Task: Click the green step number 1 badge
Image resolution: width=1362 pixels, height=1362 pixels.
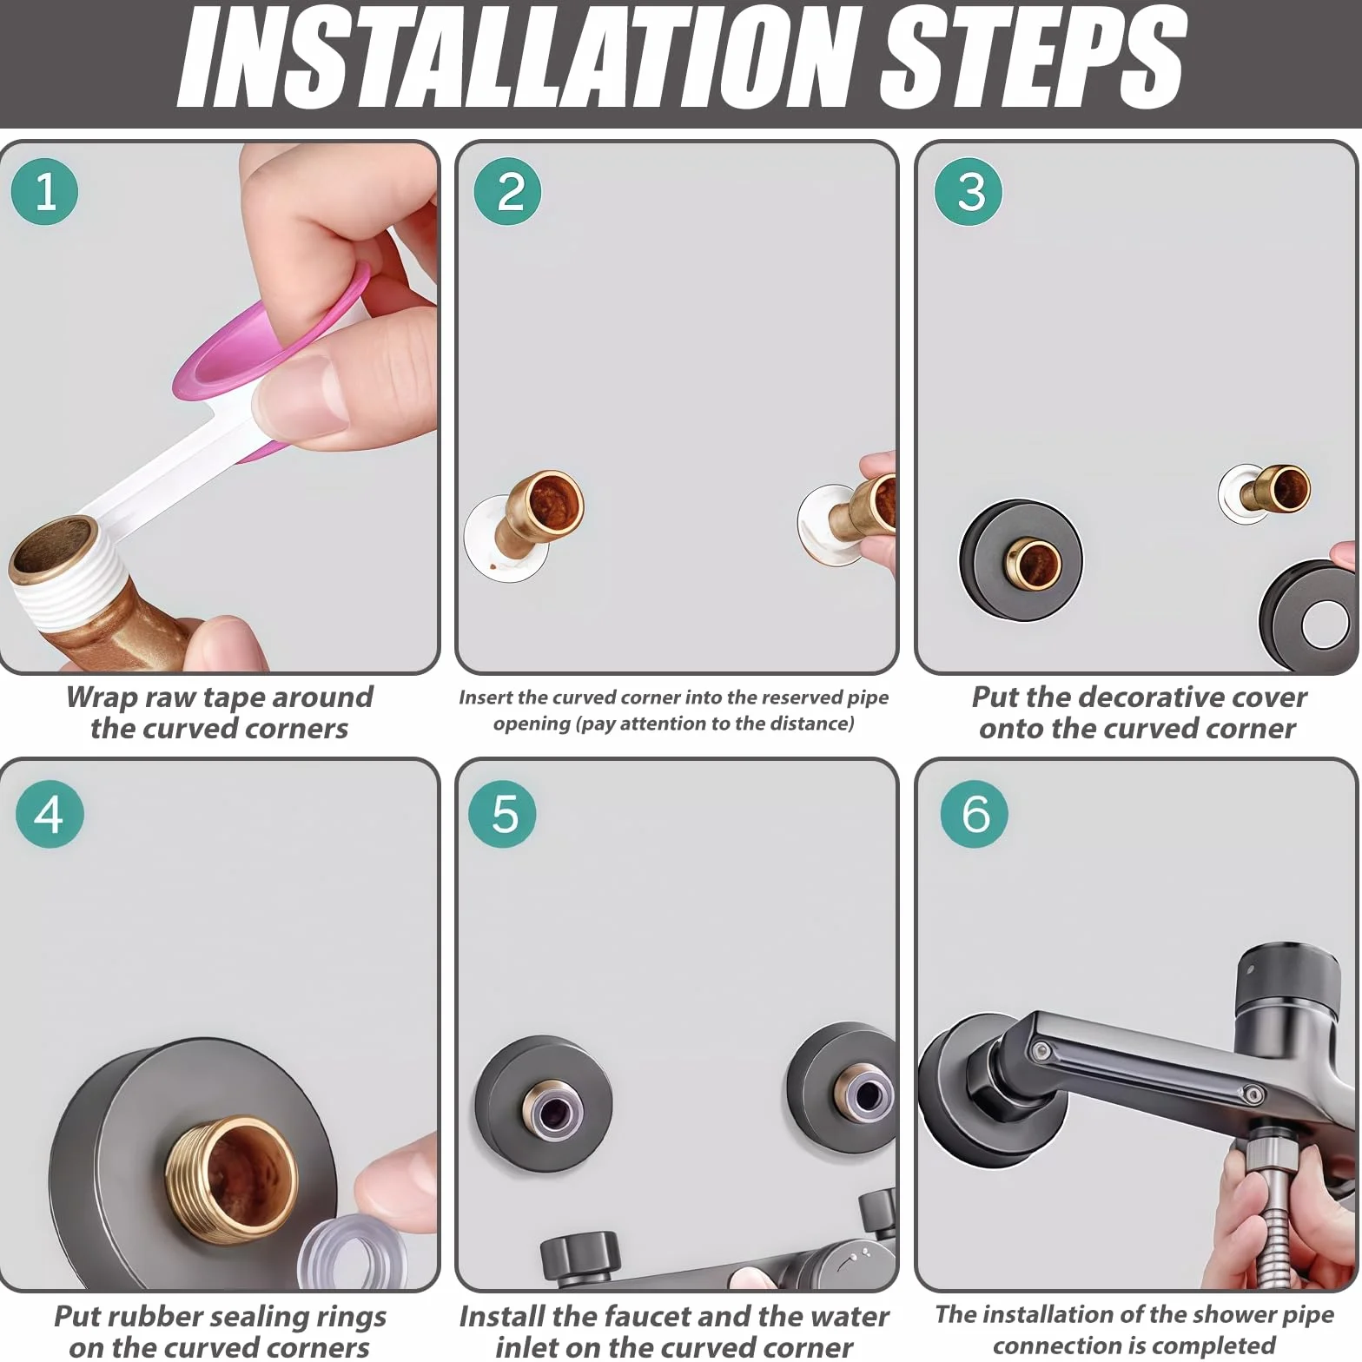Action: (44, 192)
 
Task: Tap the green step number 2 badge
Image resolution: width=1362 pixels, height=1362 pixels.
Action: (508, 192)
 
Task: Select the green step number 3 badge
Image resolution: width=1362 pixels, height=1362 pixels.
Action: (969, 192)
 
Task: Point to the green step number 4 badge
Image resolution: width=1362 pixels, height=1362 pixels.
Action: (50, 814)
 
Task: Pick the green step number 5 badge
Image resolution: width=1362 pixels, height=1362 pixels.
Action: (503, 814)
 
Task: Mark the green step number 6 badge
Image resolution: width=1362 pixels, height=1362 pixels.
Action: (975, 814)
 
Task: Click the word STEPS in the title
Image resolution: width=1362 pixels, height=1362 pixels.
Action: (1032, 57)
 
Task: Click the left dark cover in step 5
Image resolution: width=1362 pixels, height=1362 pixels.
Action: (544, 1103)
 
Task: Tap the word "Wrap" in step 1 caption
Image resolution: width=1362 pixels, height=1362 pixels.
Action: (102, 698)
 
